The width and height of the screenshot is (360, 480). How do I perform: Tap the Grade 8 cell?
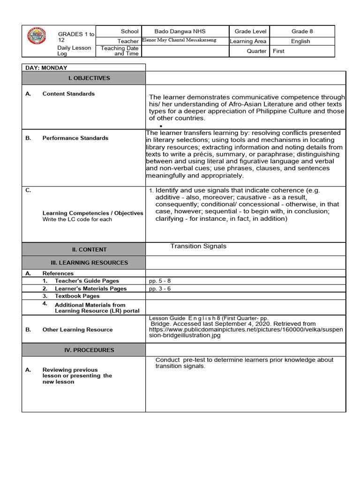[x=302, y=31]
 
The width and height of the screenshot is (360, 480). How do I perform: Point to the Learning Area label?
[x=248, y=41]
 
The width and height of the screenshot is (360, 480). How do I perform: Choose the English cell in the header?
[x=300, y=41]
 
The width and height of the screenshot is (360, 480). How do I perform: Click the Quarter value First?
[x=278, y=51]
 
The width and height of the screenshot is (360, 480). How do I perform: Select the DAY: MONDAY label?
[x=46, y=68]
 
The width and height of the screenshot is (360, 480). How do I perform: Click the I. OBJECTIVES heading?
[x=92, y=78]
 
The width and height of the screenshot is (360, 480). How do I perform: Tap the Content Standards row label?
[x=68, y=94]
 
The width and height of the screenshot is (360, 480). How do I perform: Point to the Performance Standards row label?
[x=75, y=138]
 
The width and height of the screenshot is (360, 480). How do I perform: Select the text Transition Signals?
[x=198, y=246]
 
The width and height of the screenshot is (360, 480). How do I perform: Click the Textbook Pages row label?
[x=77, y=296]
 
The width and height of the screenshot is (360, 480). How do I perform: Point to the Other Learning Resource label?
[x=77, y=330]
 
